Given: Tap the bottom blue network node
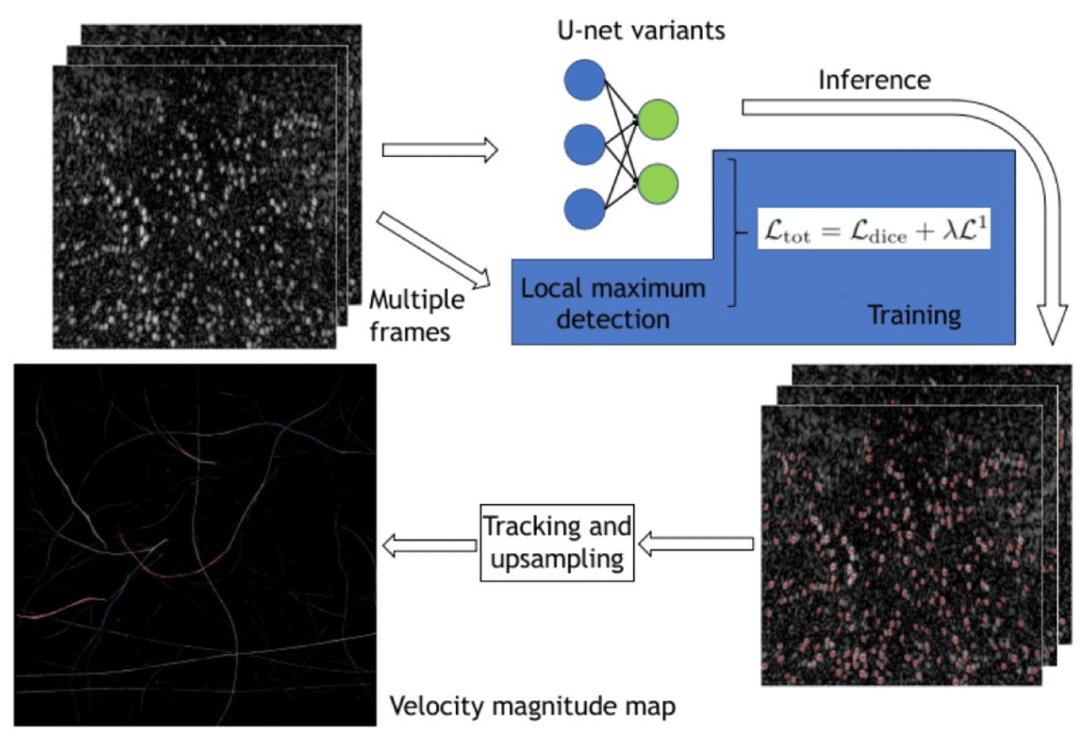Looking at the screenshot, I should click(584, 209).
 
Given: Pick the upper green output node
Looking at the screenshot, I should click(658, 120).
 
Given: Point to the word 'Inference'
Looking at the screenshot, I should click(874, 80).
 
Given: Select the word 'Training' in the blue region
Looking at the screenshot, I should click(914, 315).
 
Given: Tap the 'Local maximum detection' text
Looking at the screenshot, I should click(613, 303).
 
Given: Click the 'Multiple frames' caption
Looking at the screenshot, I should click(416, 316).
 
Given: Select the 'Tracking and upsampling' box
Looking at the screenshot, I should click(558, 543).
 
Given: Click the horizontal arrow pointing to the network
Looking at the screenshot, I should click(439, 150).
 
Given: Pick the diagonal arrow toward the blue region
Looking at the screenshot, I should click(434, 251).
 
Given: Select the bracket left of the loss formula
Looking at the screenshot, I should click(732, 232).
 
